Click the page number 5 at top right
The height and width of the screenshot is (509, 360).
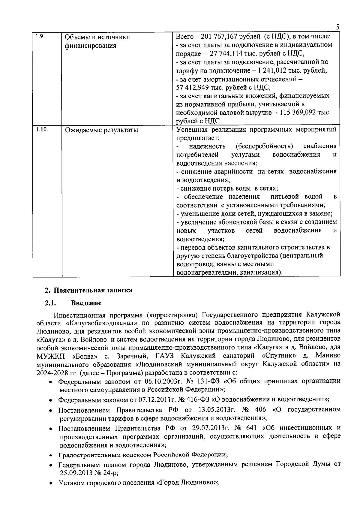[x=337, y=27]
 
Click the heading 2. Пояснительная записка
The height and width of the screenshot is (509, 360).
[x=88, y=290]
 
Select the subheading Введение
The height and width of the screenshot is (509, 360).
[x=86, y=303]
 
